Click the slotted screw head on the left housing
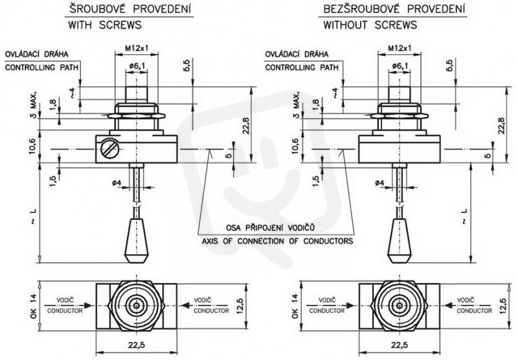[110, 148]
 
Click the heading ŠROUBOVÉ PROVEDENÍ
[130, 9]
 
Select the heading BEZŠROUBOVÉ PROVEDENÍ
[394, 9]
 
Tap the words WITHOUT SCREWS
[370, 25]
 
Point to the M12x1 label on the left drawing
[137, 48]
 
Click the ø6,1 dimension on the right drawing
[400, 66]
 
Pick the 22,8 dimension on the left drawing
[246, 126]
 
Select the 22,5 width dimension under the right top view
[400, 345]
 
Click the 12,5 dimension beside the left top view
[240, 306]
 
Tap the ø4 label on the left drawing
[117, 183]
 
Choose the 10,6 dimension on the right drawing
[295, 146]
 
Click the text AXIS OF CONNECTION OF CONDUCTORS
[277, 241]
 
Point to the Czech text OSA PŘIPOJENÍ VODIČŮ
[270, 228]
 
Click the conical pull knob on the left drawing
[136, 240]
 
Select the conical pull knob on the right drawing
[400, 240]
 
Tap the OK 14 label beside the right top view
[295, 306]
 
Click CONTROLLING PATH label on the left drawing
[42, 67]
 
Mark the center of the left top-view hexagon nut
[137, 306]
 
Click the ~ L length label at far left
[34, 217]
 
